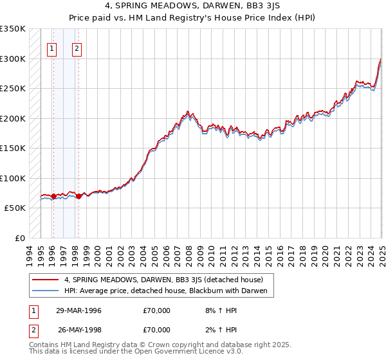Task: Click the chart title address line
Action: (x=192, y=8)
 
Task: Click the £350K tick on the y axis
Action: (x=13, y=29)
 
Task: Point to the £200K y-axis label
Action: (x=13, y=118)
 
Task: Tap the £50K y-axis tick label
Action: (x=15, y=208)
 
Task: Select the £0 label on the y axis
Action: (x=20, y=239)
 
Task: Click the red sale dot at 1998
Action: (x=78, y=197)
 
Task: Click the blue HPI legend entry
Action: (x=169, y=291)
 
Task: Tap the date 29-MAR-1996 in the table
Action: (x=79, y=310)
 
